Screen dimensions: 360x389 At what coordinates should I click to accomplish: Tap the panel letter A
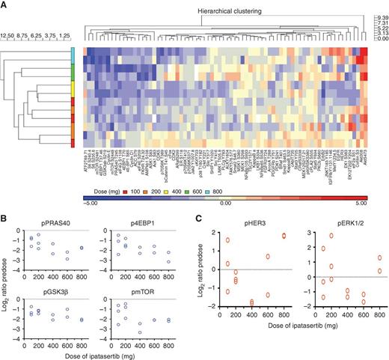(4, 5)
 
